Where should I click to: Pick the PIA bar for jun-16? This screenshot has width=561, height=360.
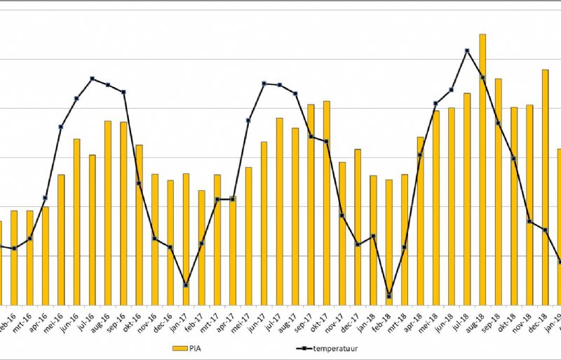click(x=76, y=221)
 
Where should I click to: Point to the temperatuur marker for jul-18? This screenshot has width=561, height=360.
click(x=466, y=51)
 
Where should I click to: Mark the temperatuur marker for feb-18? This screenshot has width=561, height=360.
click(x=389, y=296)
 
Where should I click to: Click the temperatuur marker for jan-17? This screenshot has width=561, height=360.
click(x=186, y=285)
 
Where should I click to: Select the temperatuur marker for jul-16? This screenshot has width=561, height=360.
click(x=92, y=79)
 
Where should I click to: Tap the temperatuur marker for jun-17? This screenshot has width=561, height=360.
click(x=264, y=84)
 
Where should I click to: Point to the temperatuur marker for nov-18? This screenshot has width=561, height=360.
click(x=529, y=222)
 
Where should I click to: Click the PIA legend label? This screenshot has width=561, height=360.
click(x=200, y=347)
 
